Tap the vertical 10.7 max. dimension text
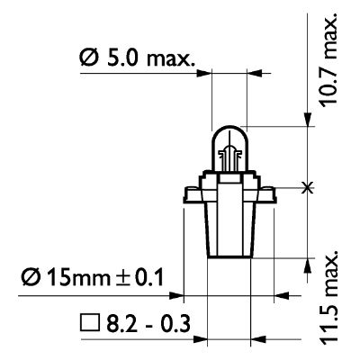coord(328,60)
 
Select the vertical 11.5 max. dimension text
coord(328,296)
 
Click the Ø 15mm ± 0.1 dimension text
coord(93,277)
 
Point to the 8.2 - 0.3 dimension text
coord(148,324)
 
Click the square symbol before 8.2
coord(90,323)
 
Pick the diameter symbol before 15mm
coord(31,277)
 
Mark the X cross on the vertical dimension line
coord(307,188)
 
